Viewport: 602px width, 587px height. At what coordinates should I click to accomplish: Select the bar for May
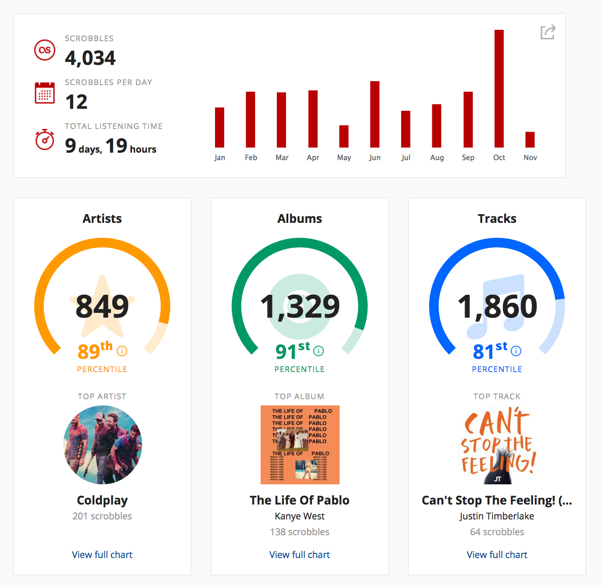pos(344,136)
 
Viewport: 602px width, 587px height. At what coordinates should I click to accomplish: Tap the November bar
pos(530,140)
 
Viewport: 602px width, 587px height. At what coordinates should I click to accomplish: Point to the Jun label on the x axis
pos(375,157)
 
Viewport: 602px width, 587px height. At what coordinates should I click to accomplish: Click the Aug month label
pos(437,157)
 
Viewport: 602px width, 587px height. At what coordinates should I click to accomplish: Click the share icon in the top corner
pos(548,32)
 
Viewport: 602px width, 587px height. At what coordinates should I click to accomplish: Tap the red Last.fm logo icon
pos(45,50)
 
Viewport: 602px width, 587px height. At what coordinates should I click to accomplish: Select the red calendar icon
pos(45,93)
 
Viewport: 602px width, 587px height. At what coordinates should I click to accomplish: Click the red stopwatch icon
pos(45,140)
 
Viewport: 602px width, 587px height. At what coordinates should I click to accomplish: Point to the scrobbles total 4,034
pos(90,58)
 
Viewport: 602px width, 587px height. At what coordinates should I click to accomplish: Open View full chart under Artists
pos(102,555)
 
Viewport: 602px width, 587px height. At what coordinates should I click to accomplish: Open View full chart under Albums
pos(300,555)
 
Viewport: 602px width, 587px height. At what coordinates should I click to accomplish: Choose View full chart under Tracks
pos(497,555)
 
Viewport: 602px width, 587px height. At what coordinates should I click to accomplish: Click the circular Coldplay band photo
pos(103,445)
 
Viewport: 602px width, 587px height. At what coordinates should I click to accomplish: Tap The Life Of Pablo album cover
pos(300,445)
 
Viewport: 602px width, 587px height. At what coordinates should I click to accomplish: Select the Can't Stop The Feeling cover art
pos(498,445)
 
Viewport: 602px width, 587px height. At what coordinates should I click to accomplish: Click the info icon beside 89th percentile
pos(122,351)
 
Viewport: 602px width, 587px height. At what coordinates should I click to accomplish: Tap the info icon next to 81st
pos(516,351)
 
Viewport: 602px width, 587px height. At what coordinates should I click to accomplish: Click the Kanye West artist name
pos(300,516)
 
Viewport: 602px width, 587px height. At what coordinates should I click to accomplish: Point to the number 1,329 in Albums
pos(300,306)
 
